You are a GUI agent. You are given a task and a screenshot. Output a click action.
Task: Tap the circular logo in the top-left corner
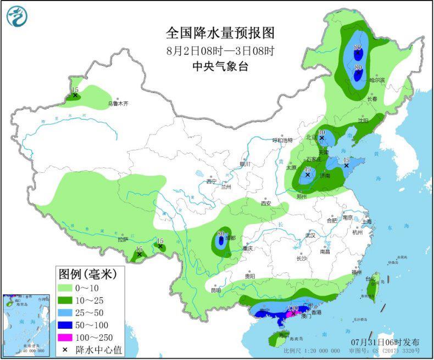point(18,16)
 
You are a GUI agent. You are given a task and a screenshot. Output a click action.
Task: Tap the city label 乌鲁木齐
point(118,103)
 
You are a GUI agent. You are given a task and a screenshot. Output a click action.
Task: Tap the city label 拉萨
point(123,239)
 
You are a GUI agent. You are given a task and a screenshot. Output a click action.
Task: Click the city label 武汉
point(311,235)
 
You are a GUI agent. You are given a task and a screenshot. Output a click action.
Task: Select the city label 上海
point(366,222)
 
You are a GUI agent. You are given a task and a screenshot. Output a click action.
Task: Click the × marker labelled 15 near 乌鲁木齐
point(75,95)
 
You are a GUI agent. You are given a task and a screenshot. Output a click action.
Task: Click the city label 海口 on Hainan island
point(283,335)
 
